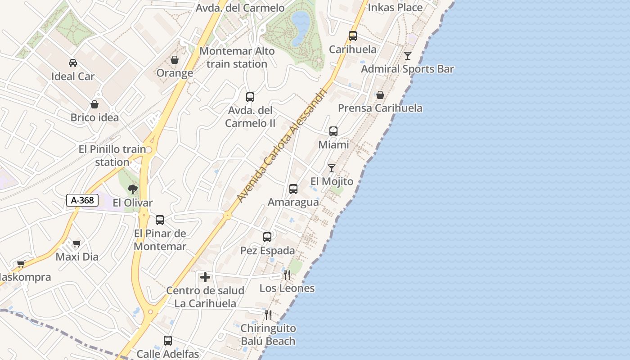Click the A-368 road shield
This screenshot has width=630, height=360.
click(82, 200)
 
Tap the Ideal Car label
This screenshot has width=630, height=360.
click(73, 76)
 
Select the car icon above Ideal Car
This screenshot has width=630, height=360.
click(73, 63)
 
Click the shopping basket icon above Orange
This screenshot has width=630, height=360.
click(175, 60)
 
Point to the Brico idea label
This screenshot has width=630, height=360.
click(94, 118)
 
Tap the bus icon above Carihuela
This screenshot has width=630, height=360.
click(353, 36)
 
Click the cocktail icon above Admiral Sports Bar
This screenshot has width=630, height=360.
click(408, 56)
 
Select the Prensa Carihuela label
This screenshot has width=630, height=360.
click(380, 108)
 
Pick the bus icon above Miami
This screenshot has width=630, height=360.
click(333, 131)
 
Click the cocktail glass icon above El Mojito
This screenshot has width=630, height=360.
click(332, 168)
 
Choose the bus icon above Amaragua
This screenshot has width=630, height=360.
click(293, 189)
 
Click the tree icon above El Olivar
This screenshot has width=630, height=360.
click(132, 189)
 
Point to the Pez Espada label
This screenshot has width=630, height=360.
click(268, 251)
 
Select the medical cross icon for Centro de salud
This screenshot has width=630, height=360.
click(205, 277)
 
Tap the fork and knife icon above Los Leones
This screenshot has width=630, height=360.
click(287, 274)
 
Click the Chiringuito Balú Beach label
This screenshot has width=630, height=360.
click(268, 335)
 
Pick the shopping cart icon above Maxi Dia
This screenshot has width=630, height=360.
click(76, 243)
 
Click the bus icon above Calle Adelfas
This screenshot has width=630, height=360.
click(168, 341)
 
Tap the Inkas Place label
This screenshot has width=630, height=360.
click(395, 8)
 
